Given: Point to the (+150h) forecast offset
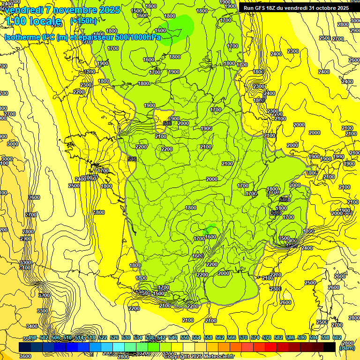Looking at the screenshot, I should [x=83, y=21].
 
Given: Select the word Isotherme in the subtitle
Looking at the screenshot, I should [x=22, y=37].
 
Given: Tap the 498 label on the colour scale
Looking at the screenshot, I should [x=32, y=337].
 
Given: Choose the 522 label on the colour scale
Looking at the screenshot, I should [x=103, y=337].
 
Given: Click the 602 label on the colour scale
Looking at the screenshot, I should [x=337, y=337].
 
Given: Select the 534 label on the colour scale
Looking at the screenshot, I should [x=138, y=337].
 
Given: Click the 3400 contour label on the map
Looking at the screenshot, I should [x=32, y=326].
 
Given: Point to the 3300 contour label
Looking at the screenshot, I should [x=42, y=311].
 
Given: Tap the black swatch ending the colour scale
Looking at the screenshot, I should [x=330, y=347].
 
